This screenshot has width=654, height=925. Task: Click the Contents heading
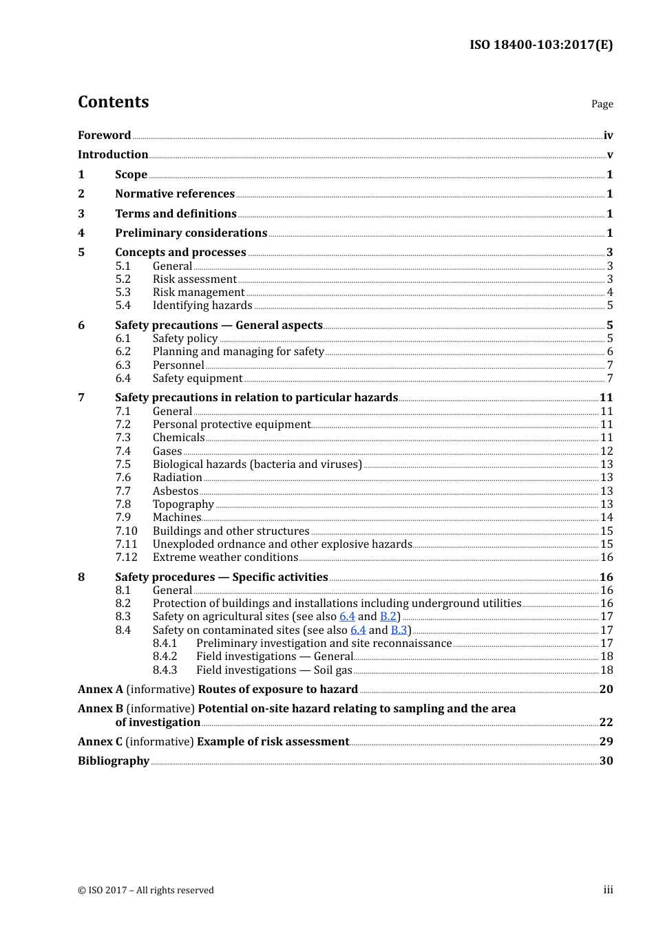[x=113, y=102]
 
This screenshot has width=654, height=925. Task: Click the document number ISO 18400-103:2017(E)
[x=540, y=45]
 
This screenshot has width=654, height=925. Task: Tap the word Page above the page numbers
[x=602, y=104]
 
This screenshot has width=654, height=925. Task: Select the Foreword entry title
[x=104, y=136]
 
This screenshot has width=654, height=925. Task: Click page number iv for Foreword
[x=608, y=136]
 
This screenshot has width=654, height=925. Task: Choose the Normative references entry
[x=175, y=194]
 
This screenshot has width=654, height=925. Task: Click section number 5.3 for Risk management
[x=123, y=293]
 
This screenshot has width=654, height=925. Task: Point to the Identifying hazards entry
[x=202, y=306]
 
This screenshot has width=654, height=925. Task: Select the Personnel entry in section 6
[x=178, y=365]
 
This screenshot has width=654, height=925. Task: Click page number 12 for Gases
[x=606, y=451]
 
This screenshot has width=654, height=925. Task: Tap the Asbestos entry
[x=176, y=491]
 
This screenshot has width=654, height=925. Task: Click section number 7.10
[x=126, y=531]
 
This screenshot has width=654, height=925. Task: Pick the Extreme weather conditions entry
[x=225, y=557]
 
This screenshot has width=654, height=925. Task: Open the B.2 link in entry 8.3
[x=388, y=617]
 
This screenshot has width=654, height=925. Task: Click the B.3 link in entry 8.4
[x=399, y=630]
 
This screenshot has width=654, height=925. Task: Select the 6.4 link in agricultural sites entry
[x=347, y=617]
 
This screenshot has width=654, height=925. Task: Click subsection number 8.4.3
[x=165, y=670]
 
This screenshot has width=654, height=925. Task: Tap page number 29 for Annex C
[x=606, y=742]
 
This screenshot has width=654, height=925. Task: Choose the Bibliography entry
[x=114, y=761]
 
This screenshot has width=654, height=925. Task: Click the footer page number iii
[x=608, y=890]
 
